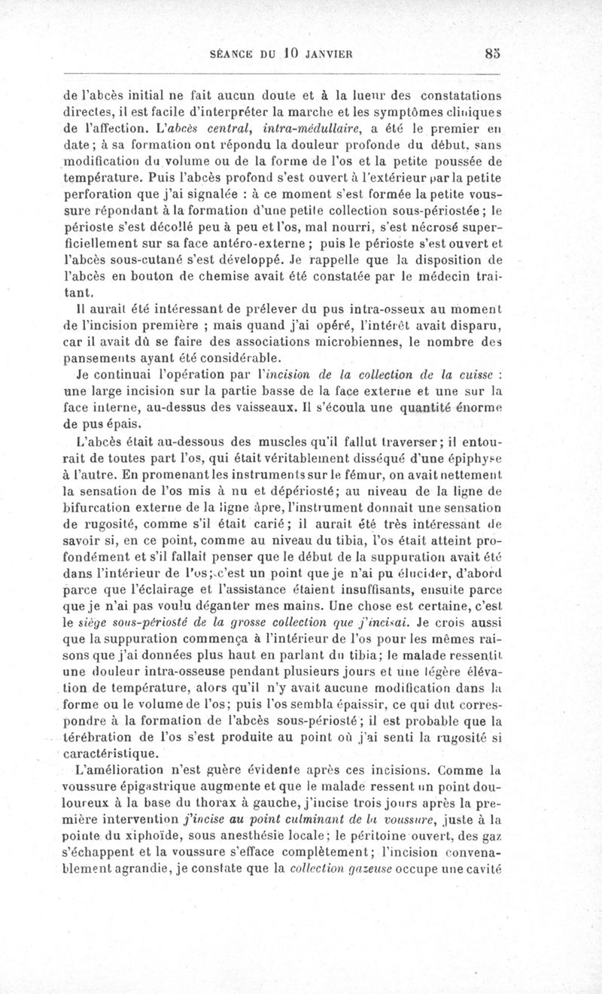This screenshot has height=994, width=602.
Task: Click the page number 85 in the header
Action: pos(493,53)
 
